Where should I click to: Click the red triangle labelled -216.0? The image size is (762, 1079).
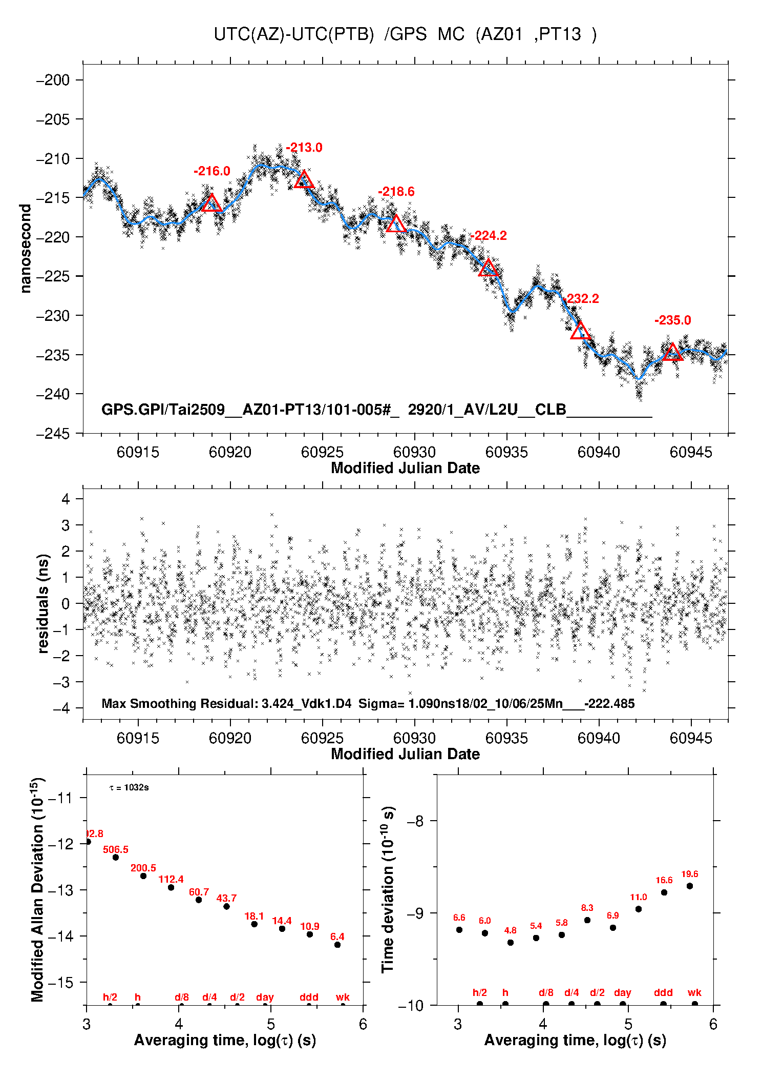(212, 204)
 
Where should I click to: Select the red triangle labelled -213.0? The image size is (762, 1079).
(304, 180)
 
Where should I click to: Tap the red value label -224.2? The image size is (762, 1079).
(489, 236)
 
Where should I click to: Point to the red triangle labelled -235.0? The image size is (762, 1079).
(672, 353)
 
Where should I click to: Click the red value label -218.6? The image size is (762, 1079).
(396, 192)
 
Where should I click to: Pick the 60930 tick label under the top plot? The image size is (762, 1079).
(414, 452)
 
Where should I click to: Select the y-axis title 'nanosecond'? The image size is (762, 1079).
(26, 249)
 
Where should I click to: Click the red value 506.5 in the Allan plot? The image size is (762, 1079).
(116, 849)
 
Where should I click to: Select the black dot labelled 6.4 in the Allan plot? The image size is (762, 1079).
(337, 944)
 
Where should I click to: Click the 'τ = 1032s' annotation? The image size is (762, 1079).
(129, 787)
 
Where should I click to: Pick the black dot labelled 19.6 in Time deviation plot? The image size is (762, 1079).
(690, 886)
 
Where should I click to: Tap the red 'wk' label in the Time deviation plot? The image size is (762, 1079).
(694, 992)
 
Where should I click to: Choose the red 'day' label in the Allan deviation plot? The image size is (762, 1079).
(265, 997)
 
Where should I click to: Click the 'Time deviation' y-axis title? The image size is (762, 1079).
(388, 889)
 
